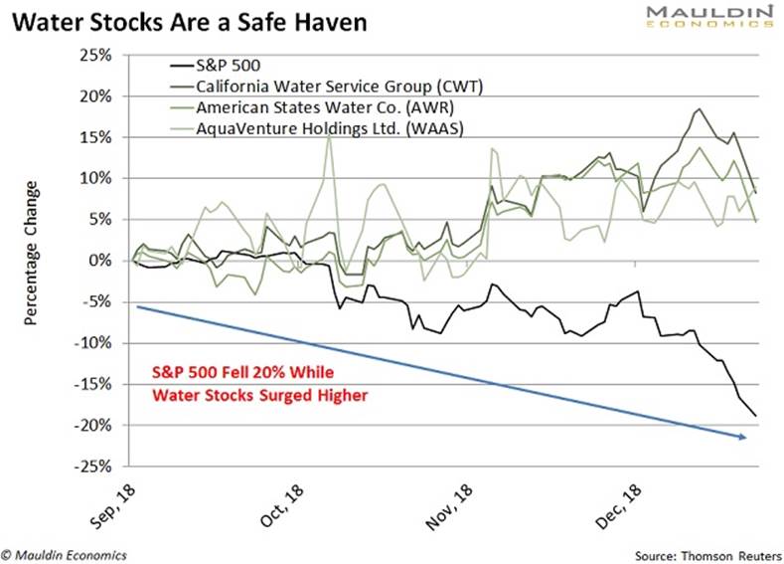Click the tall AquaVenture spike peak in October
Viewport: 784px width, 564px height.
329,133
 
